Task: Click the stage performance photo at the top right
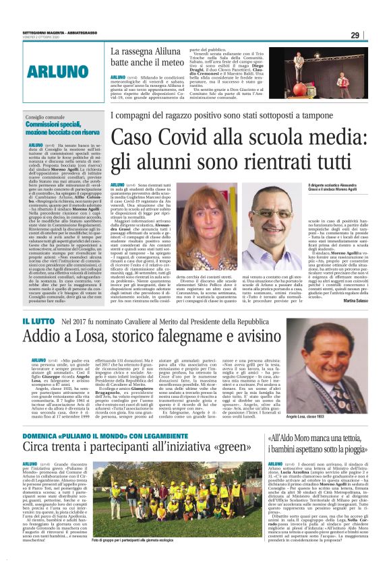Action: click(x=330, y=69)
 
